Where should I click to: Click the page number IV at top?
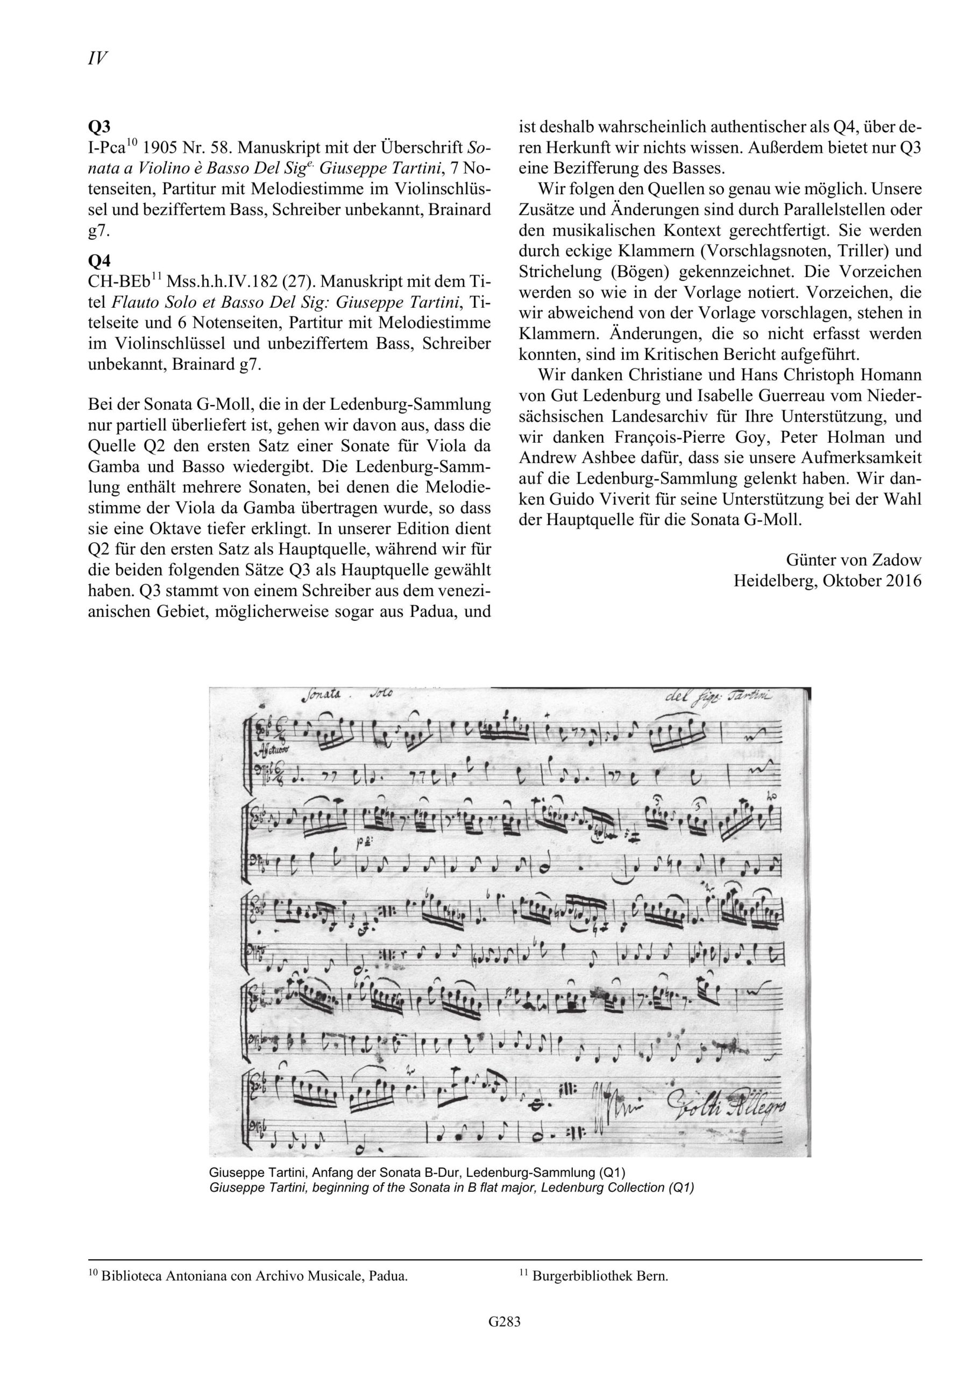pos(97,58)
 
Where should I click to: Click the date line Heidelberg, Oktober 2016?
pos(827,580)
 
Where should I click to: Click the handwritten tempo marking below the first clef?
pos(273,749)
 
